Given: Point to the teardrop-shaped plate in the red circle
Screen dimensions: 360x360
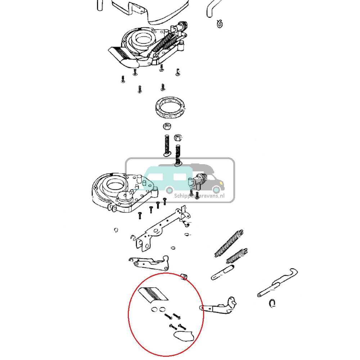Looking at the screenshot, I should point(184,336).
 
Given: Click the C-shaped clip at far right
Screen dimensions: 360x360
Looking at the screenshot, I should point(273,303).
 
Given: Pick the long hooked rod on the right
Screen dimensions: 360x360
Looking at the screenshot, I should point(278,285).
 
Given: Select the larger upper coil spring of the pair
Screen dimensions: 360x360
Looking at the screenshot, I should point(229,243).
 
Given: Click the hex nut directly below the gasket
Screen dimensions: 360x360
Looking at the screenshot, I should point(167,127).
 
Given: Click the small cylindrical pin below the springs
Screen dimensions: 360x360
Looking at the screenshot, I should point(223,272).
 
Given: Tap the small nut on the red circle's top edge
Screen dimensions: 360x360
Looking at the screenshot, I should point(184,276).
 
